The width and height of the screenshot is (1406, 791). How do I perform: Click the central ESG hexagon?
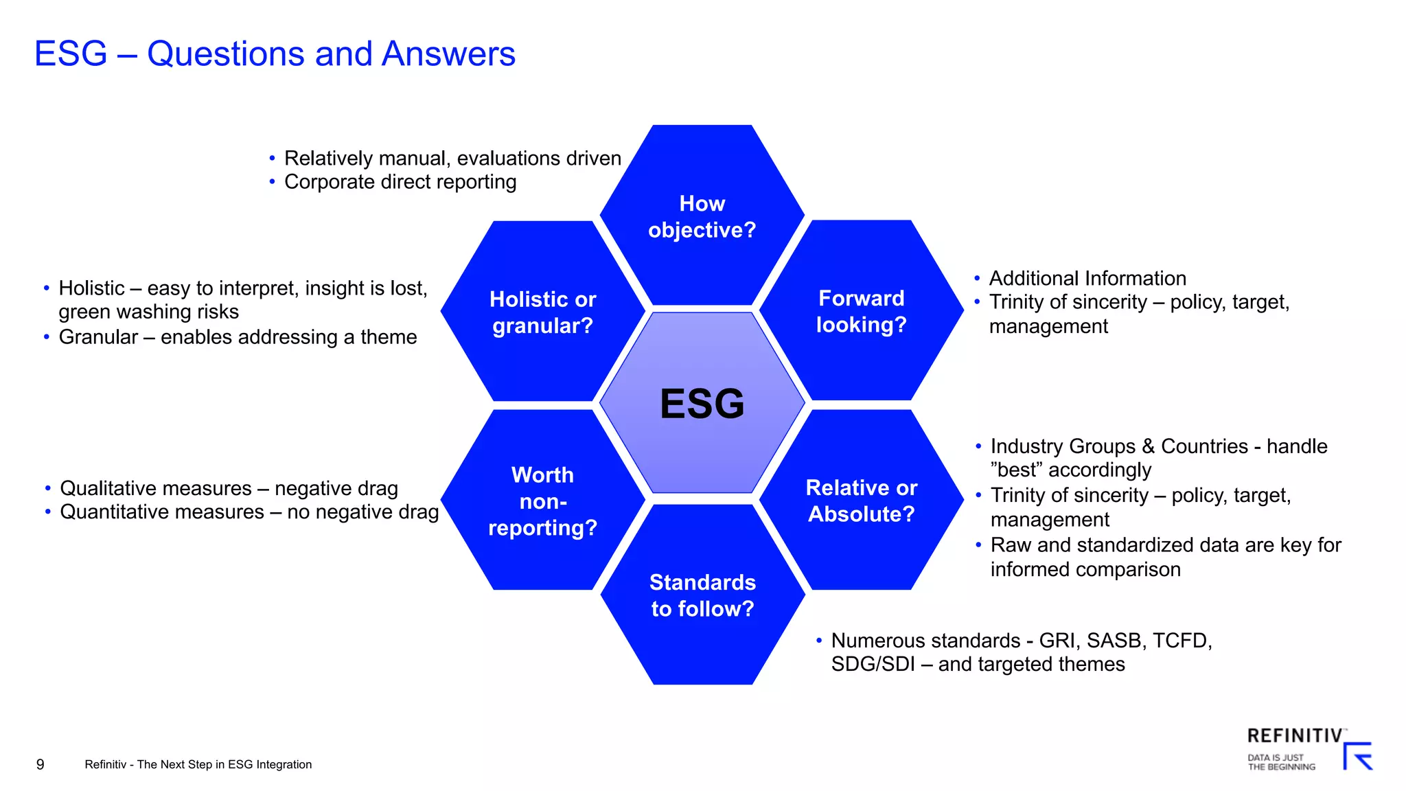pos(702,403)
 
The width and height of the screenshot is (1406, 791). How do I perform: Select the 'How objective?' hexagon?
pos(702,216)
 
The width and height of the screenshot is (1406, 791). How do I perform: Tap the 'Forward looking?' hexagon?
pos(861,310)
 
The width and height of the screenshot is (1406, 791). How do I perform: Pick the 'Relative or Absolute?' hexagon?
pos(861,500)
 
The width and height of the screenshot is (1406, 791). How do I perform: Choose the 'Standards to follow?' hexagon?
pos(702,595)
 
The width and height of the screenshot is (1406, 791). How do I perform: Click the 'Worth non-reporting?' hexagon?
pos(542,501)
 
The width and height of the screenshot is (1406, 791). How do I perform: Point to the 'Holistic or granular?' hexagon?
pos(542,312)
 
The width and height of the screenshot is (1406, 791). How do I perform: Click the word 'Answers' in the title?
pos(448,54)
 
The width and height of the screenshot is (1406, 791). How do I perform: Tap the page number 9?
pos(41,764)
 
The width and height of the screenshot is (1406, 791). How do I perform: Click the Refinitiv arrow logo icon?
pos(1358,757)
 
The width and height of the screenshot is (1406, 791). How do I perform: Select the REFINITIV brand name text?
pos(1294,735)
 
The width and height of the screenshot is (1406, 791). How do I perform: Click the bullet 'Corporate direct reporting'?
pos(400,182)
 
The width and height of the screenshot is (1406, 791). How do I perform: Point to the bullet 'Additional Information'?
pos(1087,278)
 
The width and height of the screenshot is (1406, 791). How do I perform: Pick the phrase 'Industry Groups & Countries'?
pos(1119,446)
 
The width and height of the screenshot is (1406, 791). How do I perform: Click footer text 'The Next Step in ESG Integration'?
pos(224,764)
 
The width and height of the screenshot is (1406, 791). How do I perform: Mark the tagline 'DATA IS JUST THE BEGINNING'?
pos(1281,762)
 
